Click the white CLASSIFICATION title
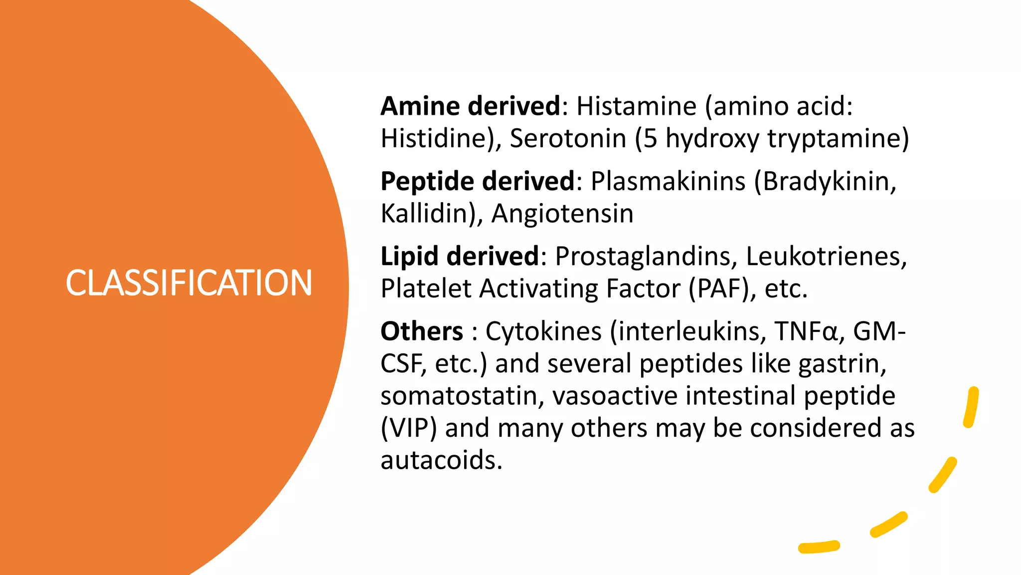coord(189,283)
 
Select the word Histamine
coord(636,106)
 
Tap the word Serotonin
coord(567,138)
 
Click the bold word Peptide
coord(427,181)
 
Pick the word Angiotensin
coord(562,214)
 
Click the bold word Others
coord(422,331)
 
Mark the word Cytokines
coord(543,331)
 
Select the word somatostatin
coord(459,396)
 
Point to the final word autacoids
coord(441,460)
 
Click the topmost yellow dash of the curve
coord(971,407)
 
